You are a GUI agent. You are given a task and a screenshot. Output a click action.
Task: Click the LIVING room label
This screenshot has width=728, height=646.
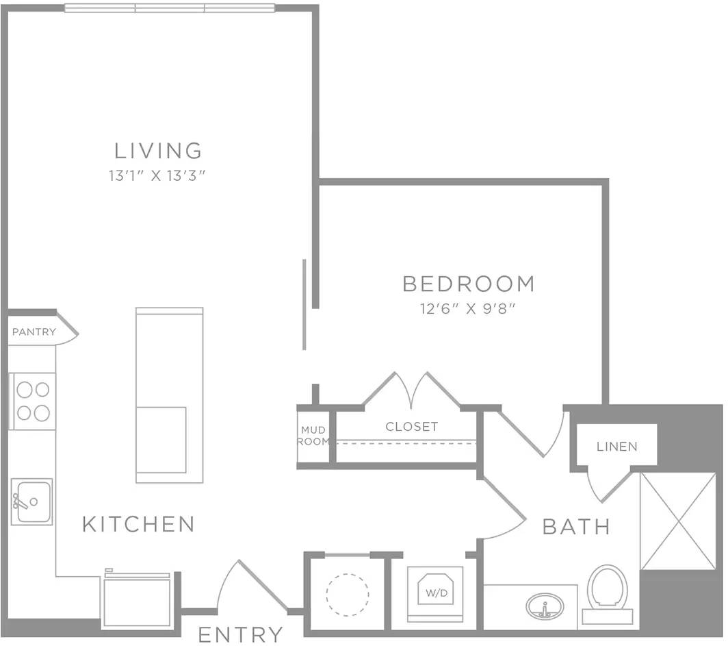pyautogui.click(x=158, y=150)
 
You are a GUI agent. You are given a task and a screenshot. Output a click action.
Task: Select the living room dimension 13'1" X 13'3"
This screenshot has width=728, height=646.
pyautogui.click(x=157, y=175)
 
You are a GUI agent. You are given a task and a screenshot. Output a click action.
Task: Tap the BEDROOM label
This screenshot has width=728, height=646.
pyautogui.click(x=468, y=283)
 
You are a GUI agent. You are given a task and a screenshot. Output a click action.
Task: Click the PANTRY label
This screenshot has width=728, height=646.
pyautogui.click(x=34, y=332)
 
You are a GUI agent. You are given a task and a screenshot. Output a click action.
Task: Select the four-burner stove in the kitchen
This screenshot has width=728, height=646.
pyautogui.click(x=33, y=401)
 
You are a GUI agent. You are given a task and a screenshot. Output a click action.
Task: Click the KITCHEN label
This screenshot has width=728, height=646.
pyautogui.click(x=139, y=524)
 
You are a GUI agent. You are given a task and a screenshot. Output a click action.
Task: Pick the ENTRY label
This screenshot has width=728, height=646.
pyautogui.click(x=240, y=634)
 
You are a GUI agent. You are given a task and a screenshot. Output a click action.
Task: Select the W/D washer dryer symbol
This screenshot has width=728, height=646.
pyautogui.click(x=435, y=592)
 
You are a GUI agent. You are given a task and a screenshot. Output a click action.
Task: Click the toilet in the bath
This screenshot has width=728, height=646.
pyautogui.click(x=607, y=589)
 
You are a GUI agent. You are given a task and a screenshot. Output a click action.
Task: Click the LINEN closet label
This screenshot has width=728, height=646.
pyautogui.click(x=616, y=447)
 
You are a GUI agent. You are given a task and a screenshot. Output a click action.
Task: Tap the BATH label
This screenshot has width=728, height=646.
pyautogui.click(x=576, y=526)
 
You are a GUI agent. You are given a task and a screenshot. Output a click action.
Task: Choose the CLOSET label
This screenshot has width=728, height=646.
pyautogui.click(x=411, y=426)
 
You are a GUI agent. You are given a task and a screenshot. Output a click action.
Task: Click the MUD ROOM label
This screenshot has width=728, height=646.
pyautogui.click(x=313, y=436)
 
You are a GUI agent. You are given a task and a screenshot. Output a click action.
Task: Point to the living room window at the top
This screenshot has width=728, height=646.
pyautogui.click(x=170, y=8)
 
